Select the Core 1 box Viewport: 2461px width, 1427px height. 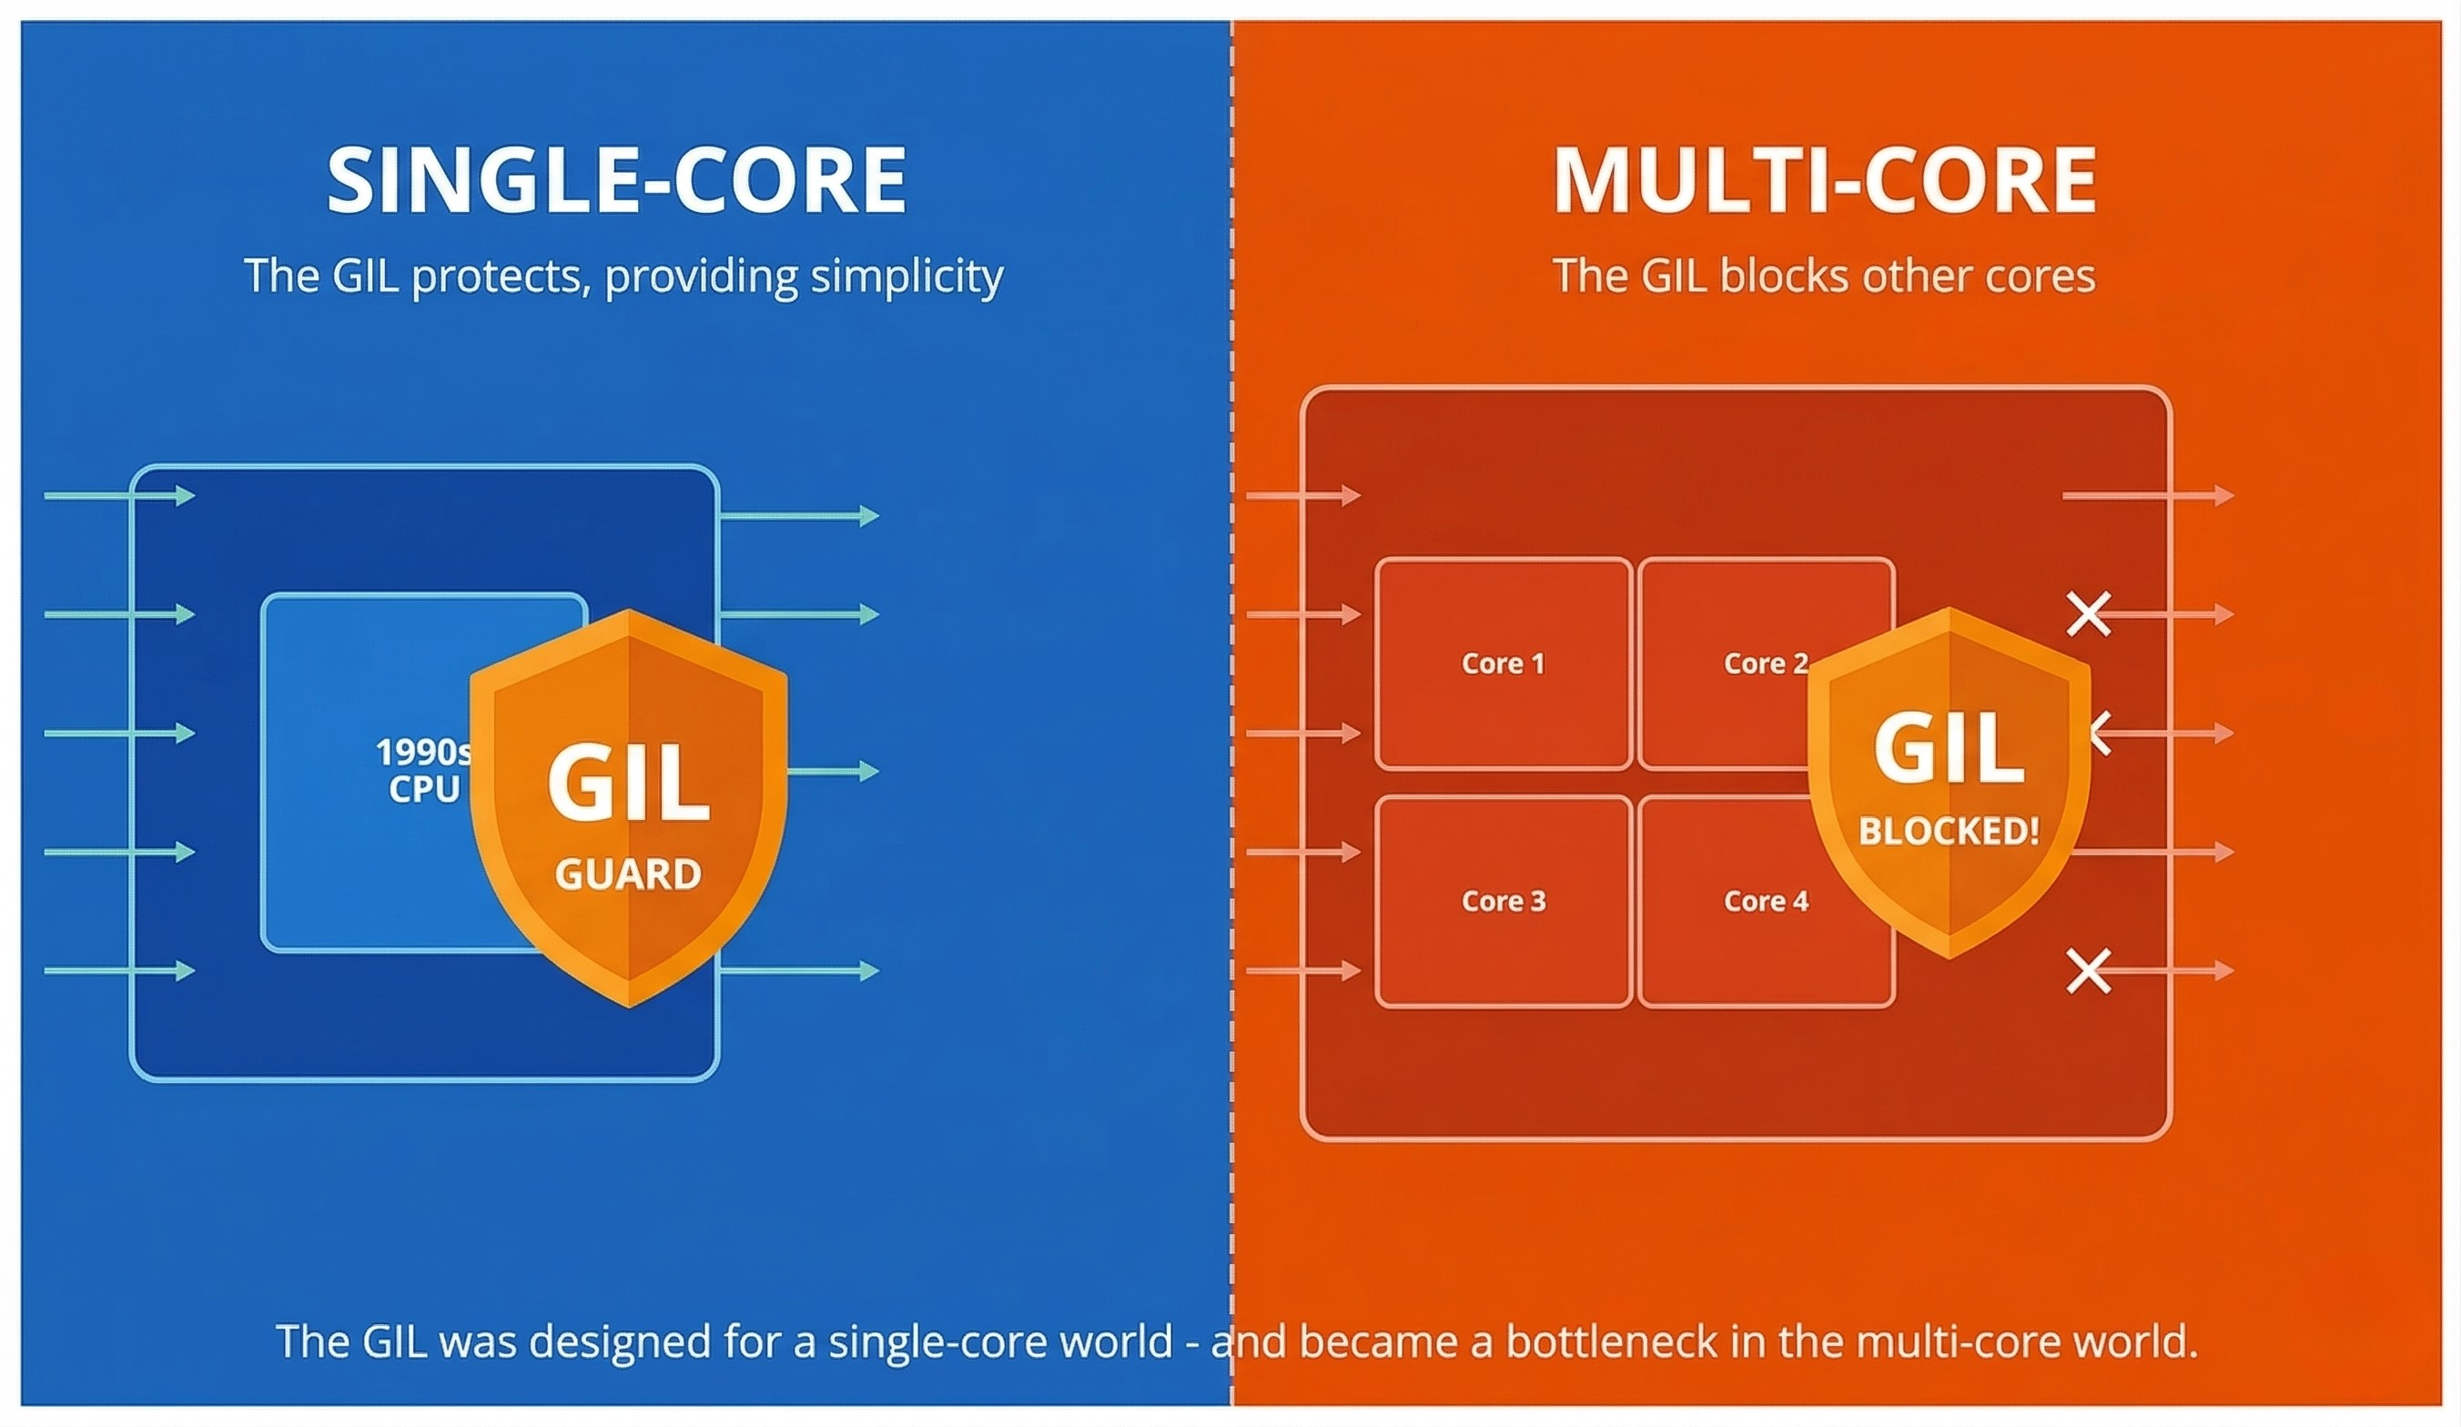click(1503, 663)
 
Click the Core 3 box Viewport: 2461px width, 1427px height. click(1503, 901)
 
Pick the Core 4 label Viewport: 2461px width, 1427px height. click(1766, 901)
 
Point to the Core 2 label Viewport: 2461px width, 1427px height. click(1766, 663)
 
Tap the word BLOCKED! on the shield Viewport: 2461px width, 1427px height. click(1949, 831)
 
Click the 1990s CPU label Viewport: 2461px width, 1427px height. click(424, 771)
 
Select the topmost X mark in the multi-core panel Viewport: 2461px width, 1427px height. click(2089, 614)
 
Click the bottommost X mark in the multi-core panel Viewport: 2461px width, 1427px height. click(2089, 971)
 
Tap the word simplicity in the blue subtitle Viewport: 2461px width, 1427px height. click(906, 278)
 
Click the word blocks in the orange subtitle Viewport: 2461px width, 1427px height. click(1783, 276)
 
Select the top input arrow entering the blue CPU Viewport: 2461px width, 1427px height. click(120, 496)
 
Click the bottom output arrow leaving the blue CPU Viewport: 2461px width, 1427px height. click(799, 971)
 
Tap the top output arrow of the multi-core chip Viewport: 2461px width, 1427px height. click(2149, 496)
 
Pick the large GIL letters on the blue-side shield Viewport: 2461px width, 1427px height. click(628, 783)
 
